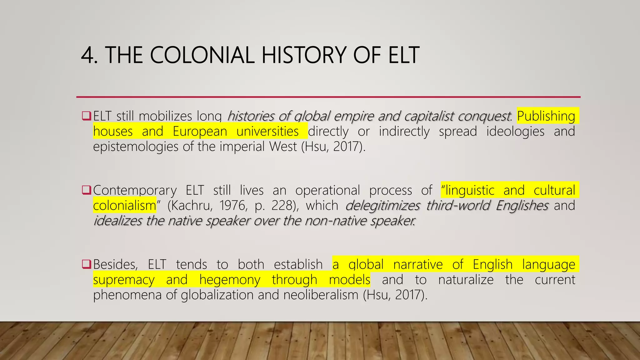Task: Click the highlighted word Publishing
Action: coord(546,116)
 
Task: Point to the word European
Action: coord(200,132)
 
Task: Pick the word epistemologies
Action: coord(136,147)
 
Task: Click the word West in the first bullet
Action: coord(283,147)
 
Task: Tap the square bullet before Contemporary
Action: coord(86,190)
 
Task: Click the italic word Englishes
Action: coord(522,206)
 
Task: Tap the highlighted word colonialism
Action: coord(124,206)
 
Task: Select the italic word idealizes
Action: coord(117,221)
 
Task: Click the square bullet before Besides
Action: coord(86,264)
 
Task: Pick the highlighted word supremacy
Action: coord(124,280)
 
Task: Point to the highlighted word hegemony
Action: coord(230,280)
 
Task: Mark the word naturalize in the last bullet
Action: coord(466,280)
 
